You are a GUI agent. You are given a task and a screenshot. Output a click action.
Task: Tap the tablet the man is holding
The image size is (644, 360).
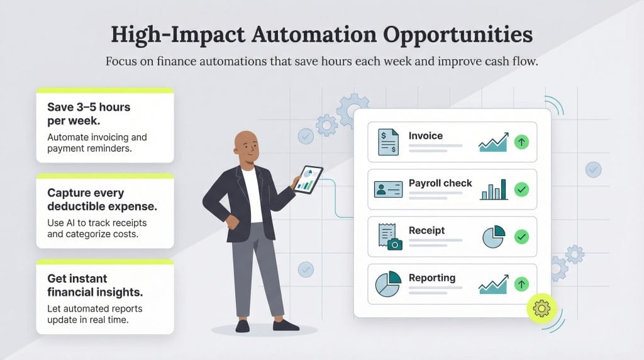308,179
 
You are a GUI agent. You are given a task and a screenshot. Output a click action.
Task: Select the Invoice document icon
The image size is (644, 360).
388,142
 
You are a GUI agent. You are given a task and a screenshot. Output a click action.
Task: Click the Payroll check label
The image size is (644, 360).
440,183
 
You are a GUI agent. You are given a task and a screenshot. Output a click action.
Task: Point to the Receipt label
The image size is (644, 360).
426,230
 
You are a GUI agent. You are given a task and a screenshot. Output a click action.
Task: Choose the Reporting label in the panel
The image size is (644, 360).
432,278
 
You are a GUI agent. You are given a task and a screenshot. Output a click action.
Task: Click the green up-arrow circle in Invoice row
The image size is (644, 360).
521,142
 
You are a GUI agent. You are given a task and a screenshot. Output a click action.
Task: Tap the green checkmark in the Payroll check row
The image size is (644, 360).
521,189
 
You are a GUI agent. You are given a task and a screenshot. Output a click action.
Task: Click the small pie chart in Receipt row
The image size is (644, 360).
493,237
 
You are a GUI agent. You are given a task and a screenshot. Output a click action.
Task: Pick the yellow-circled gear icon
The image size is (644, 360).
541,308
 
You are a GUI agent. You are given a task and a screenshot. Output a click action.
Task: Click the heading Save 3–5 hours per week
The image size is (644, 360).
89,113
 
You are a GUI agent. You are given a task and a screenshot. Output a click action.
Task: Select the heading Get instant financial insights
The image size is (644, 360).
95,284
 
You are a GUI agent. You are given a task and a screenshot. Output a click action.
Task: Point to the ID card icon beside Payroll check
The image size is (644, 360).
388,189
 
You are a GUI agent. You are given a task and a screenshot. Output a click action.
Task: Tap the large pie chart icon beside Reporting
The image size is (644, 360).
388,284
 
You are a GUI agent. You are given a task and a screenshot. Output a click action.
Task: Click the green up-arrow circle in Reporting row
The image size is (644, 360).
521,284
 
